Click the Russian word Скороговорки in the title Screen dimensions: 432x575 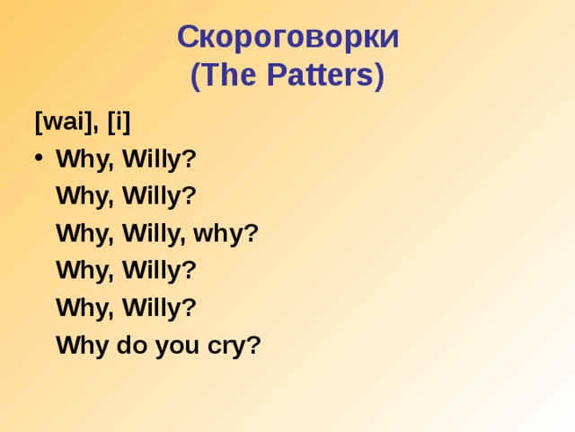pos(287,37)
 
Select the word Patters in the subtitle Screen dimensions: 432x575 pos(317,76)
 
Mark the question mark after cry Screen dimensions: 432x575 pos(253,346)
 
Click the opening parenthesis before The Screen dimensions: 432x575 pos(195,76)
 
